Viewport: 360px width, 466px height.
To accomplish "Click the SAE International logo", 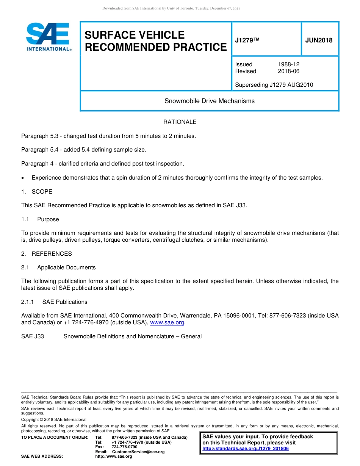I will tap(48, 37).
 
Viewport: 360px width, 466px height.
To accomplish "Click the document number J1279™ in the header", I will tap(247, 41).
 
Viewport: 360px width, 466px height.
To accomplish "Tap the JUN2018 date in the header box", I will tap(319, 41).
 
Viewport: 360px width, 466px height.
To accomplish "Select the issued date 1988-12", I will tap(288, 64).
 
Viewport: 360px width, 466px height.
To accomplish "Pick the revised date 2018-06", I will tap(288, 71).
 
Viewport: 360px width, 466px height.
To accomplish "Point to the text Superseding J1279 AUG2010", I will tap(274, 85).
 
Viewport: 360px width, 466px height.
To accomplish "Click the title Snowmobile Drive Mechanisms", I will tap(209, 101).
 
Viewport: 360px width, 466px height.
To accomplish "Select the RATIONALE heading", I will tap(180, 122).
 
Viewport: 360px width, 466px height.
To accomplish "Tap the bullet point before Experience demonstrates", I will tap(23, 178).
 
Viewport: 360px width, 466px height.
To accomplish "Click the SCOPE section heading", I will tap(42, 192).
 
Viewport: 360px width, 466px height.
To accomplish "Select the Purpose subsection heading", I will tap(48, 219).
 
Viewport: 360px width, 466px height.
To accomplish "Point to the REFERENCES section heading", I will tap(52, 254).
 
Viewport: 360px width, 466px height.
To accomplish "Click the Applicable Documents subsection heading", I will tap(66, 267).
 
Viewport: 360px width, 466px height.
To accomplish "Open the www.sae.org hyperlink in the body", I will tap(167, 323).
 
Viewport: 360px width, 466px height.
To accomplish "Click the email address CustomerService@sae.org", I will tap(138, 452).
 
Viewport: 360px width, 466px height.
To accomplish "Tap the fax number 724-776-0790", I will tap(124, 447).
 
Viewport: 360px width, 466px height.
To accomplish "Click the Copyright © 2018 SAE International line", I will tap(54, 419).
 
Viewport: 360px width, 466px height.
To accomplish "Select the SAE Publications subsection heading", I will tap(64, 302).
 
